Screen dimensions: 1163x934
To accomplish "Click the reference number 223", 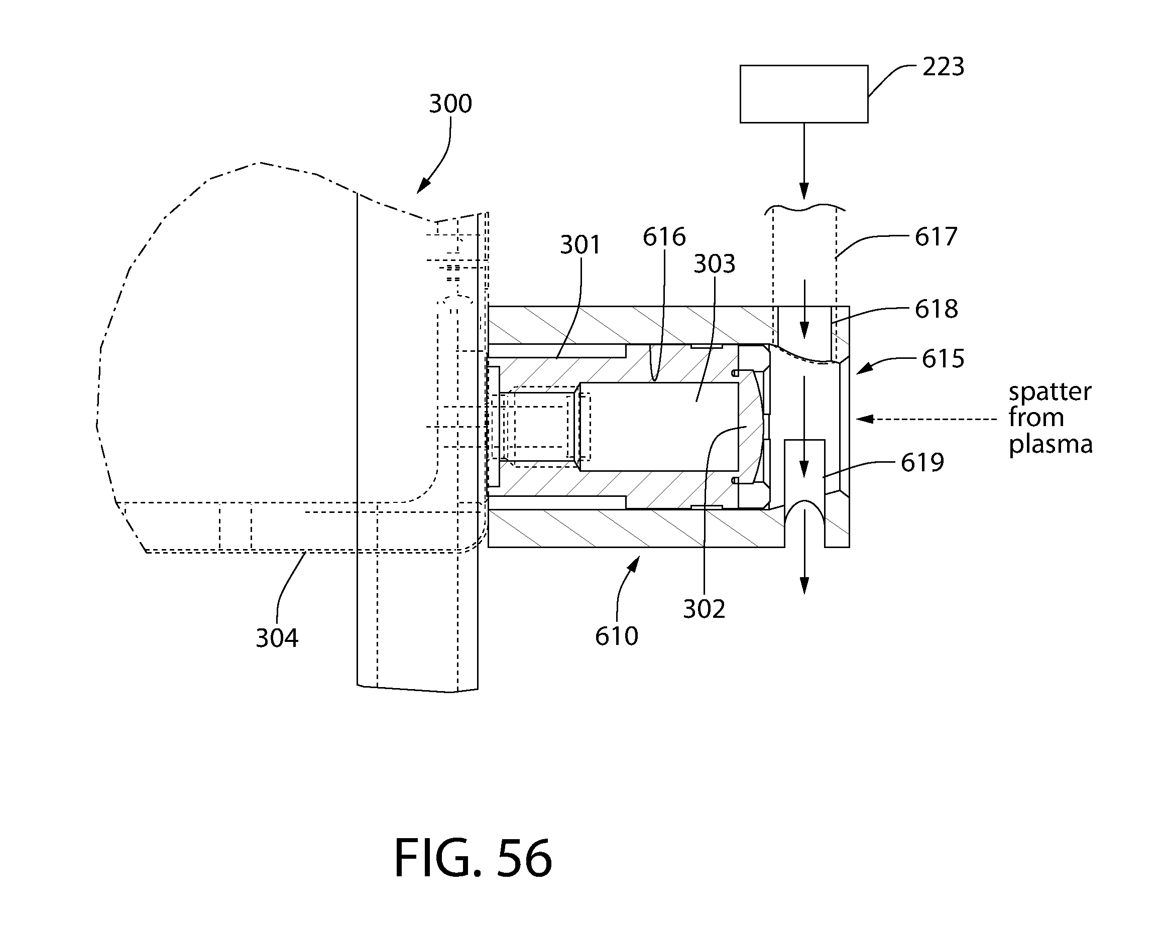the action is (x=943, y=67).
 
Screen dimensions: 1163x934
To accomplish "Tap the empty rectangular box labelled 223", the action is (x=804, y=94).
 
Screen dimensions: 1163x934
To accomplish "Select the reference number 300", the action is (x=450, y=103).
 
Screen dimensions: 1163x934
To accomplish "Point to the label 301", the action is (x=580, y=245).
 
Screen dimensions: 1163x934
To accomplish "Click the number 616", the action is (x=664, y=237).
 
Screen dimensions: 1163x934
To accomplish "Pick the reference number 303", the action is (x=714, y=264).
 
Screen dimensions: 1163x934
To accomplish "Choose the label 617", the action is (x=936, y=237).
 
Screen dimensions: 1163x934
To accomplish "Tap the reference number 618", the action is (x=937, y=309).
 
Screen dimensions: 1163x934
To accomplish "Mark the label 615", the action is (x=943, y=359).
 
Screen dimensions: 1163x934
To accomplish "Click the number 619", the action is (x=922, y=463).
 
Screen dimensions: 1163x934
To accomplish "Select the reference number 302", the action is (x=704, y=609).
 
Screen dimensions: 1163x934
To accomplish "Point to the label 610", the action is (x=617, y=636).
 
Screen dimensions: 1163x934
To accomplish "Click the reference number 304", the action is (x=277, y=638).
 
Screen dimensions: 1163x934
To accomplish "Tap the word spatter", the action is (x=1050, y=392).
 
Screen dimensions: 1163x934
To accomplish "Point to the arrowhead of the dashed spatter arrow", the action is (x=864, y=419).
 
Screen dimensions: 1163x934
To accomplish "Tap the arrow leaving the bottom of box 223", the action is (x=804, y=161).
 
